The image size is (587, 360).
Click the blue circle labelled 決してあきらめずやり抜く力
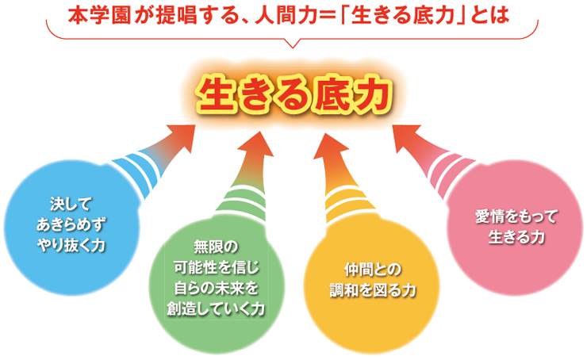71,228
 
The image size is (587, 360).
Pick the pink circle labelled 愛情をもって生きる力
516,228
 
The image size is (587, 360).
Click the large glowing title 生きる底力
293,94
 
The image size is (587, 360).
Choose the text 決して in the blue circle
71,205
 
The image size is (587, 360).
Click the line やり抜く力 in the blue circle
71,246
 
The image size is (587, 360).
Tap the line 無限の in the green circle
216,247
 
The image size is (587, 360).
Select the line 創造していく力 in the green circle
216,308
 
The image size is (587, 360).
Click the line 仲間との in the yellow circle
373,270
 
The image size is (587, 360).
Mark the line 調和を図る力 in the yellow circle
373,290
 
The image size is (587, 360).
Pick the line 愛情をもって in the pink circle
516,216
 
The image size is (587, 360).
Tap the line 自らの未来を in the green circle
216,288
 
